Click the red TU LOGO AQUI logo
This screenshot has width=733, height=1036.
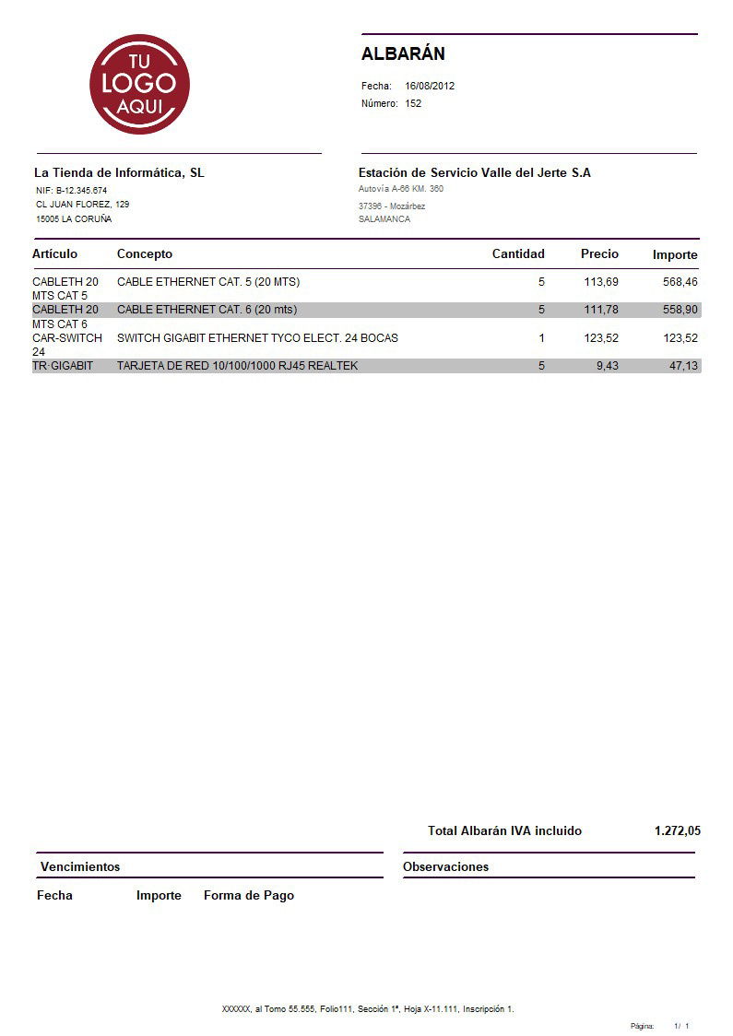coord(139,84)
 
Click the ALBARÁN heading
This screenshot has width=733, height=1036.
coord(403,53)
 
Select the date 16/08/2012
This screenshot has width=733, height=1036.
coord(430,86)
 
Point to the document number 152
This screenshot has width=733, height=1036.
coord(413,103)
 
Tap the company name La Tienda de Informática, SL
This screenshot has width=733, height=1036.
coord(119,172)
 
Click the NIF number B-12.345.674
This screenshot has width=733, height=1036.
coord(81,190)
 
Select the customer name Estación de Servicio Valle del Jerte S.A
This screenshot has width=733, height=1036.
coord(474,172)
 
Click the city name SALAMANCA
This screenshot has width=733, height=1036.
coord(384,219)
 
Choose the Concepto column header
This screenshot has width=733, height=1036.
coord(144,253)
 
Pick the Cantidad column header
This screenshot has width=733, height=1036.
coord(518,253)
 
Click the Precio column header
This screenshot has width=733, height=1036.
coord(599,253)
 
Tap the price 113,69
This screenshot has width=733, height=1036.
coord(601,281)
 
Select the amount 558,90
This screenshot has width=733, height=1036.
coord(680,310)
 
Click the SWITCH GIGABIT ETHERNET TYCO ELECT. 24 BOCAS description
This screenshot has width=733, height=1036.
coord(257,338)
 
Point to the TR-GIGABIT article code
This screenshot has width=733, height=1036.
coord(63,366)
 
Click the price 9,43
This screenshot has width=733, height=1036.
coord(608,366)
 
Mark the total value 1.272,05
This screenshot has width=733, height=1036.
coord(677,830)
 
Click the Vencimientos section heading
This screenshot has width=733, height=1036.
coord(80,866)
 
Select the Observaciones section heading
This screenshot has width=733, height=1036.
coord(445,866)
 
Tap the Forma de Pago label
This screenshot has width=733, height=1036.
coord(249,895)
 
